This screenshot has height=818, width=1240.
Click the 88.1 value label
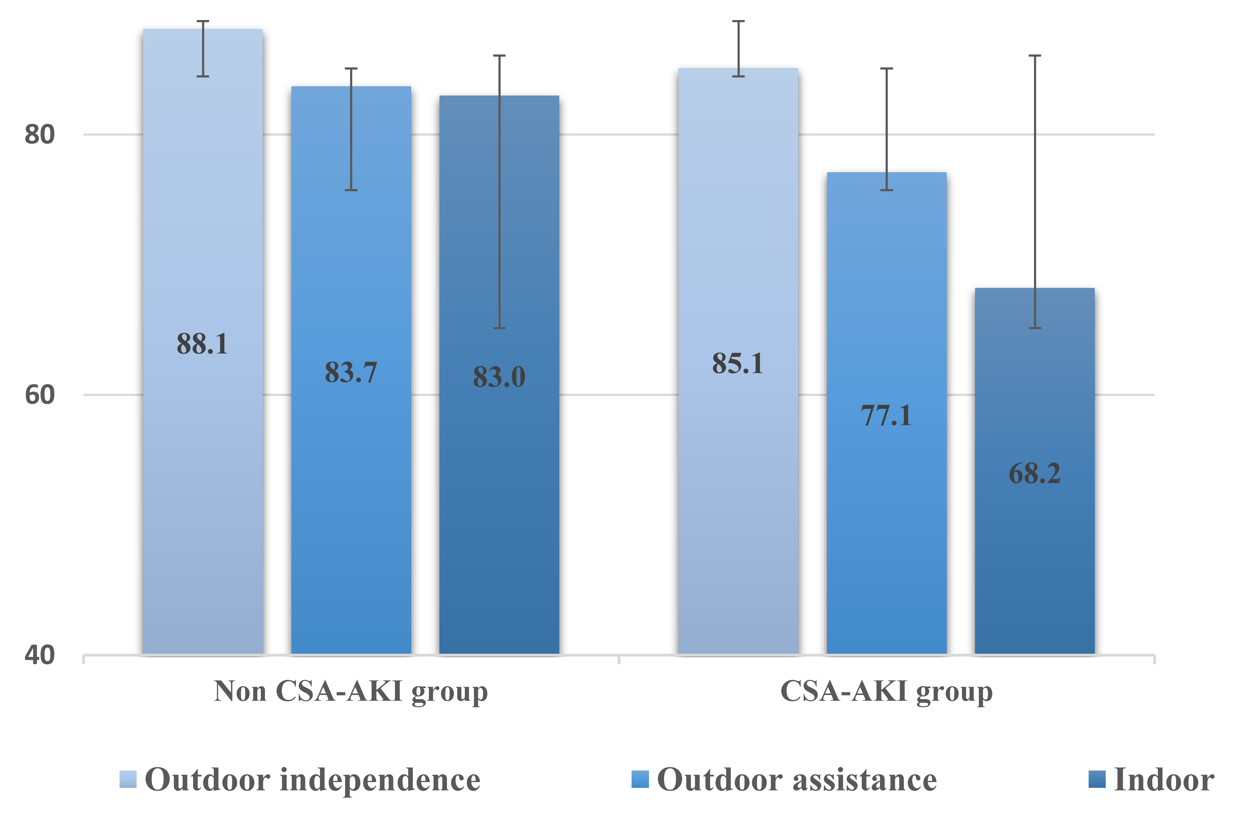[x=202, y=344]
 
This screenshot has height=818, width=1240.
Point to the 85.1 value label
[x=738, y=364]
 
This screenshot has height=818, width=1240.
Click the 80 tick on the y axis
[x=40, y=135]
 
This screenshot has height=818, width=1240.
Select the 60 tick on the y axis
[x=40, y=395]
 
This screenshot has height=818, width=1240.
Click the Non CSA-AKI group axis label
[x=351, y=692]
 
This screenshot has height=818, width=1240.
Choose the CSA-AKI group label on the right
[x=886, y=692]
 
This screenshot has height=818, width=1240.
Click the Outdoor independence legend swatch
[x=128, y=779]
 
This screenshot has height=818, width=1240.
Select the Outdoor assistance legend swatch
[x=640, y=779]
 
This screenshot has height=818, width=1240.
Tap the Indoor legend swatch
[x=1097, y=779]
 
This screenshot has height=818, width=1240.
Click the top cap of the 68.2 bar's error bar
[x=1034, y=55]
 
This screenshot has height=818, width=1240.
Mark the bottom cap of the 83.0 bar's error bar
[x=499, y=328]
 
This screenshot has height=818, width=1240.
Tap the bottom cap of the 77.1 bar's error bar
[x=886, y=190]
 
